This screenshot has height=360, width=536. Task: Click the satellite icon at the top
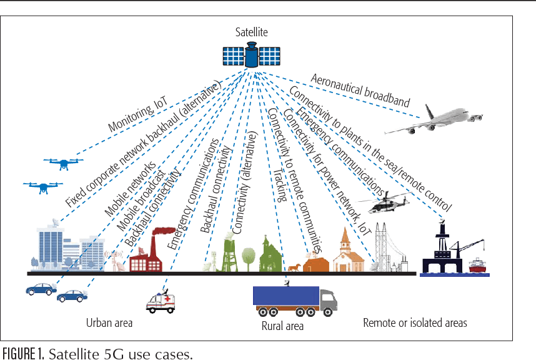click(251, 55)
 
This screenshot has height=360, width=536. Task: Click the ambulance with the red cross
click(161, 301)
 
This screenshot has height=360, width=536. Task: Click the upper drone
click(63, 164)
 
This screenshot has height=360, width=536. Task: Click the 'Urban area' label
click(109, 323)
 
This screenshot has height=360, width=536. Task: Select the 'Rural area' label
click(282, 326)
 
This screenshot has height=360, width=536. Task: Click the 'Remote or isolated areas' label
click(415, 323)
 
